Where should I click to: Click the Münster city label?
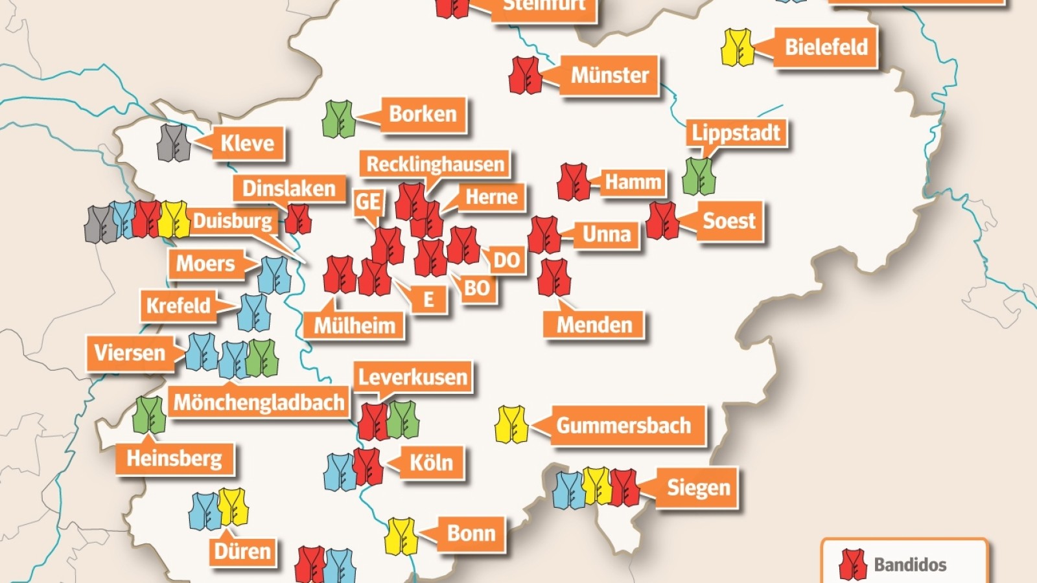[609, 76]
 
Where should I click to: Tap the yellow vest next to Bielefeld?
[738, 47]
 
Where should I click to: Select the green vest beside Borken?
[338, 119]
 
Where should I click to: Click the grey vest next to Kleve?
[173, 143]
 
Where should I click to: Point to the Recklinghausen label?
[435, 165]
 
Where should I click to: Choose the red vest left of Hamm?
[573, 182]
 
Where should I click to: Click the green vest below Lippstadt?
[699, 176]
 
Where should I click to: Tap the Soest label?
[729, 221]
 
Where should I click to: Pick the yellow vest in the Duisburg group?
[174, 220]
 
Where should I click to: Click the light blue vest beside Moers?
[274, 275]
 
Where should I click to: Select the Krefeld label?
[178, 305]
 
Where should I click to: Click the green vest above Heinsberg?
[149, 415]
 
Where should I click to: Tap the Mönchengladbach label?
[259, 402]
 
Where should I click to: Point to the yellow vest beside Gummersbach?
[511, 425]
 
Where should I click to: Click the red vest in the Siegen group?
[624, 488]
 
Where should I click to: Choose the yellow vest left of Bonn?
[401, 536]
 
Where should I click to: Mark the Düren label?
[242, 551]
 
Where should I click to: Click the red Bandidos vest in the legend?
[852, 565]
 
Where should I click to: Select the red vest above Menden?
[553, 278]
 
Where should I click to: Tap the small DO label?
[506, 260]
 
